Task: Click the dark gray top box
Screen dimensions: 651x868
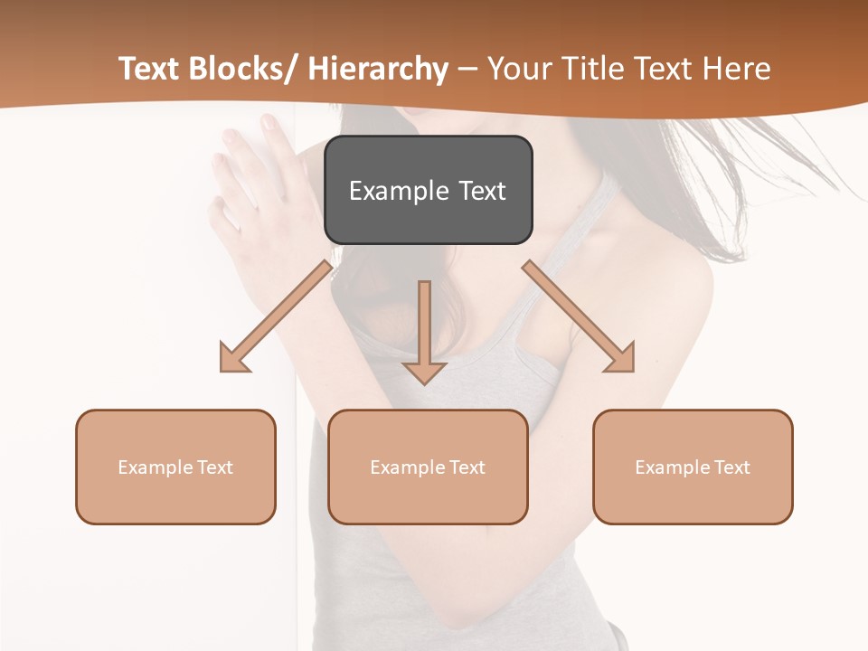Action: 428,190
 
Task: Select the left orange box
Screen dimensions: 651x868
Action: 175,467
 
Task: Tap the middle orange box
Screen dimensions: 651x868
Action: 428,467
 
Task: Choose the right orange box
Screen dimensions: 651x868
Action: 693,467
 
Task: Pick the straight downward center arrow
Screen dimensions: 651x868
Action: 424,330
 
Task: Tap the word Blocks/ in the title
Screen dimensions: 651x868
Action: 239,69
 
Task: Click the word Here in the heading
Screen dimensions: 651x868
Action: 739,69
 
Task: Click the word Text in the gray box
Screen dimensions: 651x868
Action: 481,191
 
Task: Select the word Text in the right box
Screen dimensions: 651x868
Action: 731,467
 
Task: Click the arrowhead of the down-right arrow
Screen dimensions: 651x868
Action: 620,358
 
